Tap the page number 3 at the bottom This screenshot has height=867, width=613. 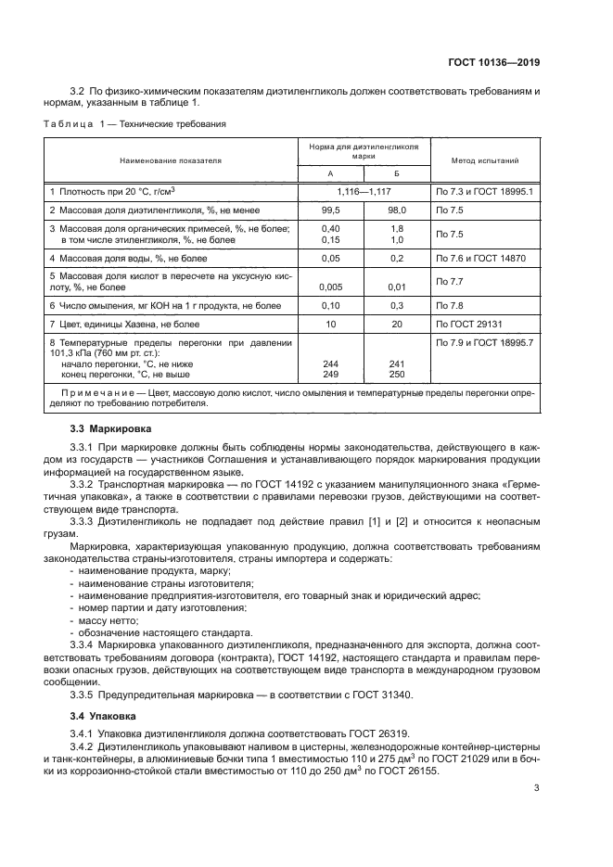tap(537, 789)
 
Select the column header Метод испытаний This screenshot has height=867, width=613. tap(484, 160)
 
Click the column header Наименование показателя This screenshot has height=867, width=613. tap(170, 160)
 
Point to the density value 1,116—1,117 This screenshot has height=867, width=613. tap(363, 190)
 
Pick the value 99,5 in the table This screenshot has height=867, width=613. tap(329, 210)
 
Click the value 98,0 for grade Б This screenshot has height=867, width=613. tap(396, 210)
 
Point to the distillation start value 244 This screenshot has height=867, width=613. tap(329, 364)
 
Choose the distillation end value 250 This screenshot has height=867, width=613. tap(396, 374)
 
